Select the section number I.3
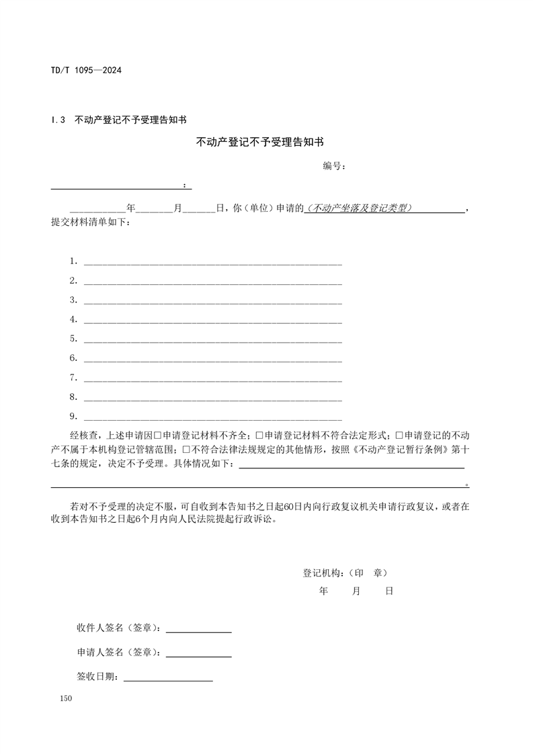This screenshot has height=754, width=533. point(57,120)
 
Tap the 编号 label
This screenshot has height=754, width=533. point(334,166)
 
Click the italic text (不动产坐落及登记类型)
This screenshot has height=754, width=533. point(360,209)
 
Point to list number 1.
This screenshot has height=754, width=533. point(73,261)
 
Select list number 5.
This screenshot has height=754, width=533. point(73,339)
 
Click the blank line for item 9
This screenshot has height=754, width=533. point(212,417)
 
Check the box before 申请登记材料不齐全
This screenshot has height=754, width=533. point(157,435)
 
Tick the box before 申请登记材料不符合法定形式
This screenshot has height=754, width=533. point(259,435)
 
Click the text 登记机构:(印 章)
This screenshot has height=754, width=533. point(345,573)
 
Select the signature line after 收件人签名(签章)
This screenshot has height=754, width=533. point(198,632)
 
